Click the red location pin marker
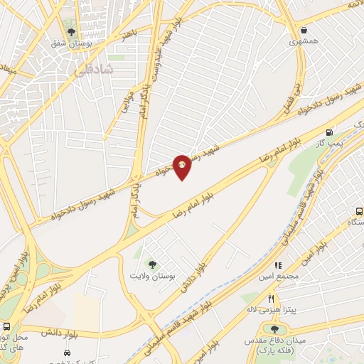coord(182,166)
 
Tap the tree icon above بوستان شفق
coord(70,31)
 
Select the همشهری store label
coord(305,43)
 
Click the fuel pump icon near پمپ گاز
coord(329,132)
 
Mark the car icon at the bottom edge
coord(67,353)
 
